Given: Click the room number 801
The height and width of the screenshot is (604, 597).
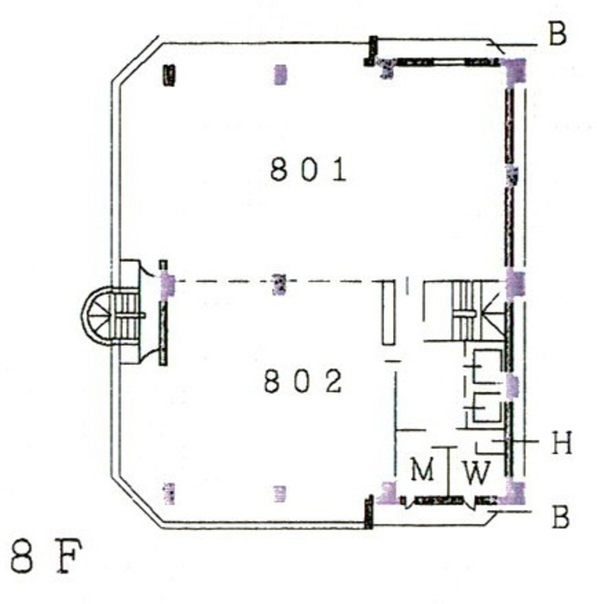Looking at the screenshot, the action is (x=309, y=170).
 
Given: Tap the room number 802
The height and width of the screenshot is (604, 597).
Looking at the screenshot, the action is (x=303, y=381).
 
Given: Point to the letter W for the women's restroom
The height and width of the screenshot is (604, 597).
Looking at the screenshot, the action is (x=477, y=473).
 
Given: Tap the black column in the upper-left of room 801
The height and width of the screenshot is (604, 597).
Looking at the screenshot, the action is (x=169, y=75).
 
